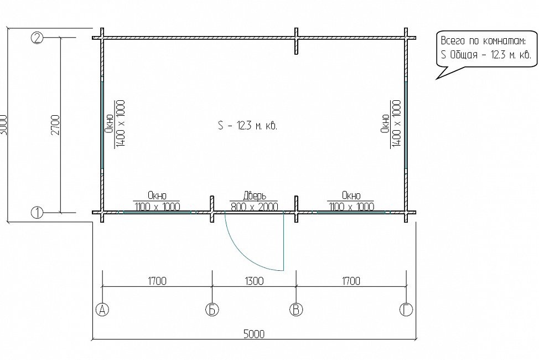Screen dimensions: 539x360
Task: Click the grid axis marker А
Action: (102, 310)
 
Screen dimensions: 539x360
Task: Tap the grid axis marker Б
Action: (212, 310)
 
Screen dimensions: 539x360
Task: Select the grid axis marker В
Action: (296, 310)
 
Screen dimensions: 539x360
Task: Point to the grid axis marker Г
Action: (406, 310)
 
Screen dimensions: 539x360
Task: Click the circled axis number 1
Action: (37, 213)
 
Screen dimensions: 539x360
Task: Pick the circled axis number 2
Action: (37, 37)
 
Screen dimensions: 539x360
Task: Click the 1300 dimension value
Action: (255, 281)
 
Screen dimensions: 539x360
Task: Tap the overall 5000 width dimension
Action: (255, 334)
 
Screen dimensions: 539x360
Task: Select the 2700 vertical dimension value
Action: (55, 125)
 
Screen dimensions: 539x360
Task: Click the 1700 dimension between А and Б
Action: (157, 281)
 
